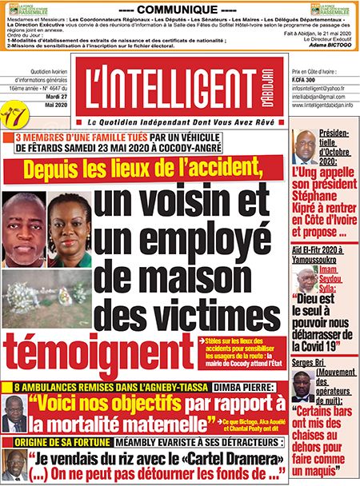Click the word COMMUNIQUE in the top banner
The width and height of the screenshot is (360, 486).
tap(178, 6)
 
